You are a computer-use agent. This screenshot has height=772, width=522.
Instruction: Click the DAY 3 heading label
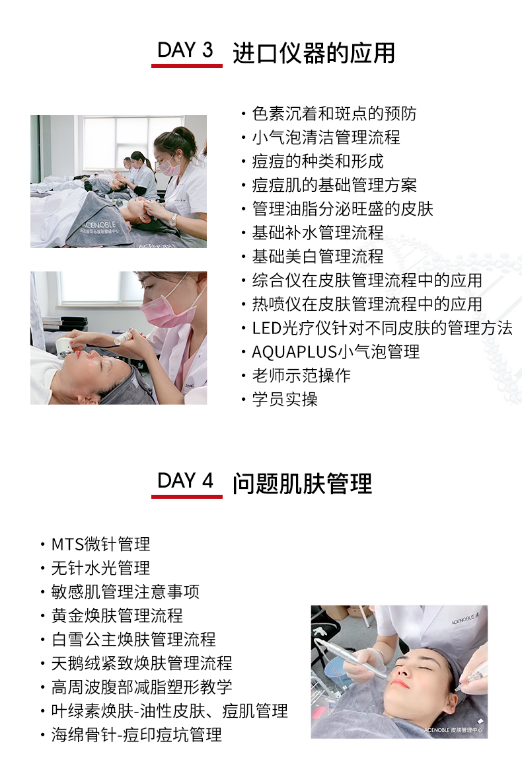tap(185, 50)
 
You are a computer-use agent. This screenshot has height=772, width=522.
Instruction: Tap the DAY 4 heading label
tap(185, 480)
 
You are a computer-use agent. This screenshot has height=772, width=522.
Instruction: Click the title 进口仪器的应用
tap(314, 53)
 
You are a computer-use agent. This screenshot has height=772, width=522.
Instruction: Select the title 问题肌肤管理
tap(302, 484)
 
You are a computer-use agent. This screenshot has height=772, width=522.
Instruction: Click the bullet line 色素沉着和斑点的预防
tap(334, 114)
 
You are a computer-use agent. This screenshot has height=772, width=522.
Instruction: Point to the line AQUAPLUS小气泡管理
tap(336, 351)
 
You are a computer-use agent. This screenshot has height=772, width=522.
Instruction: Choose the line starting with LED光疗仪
tap(383, 328)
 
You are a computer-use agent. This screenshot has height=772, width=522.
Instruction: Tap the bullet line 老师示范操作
tap(301, 375)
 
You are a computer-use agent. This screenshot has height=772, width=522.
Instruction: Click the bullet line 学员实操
tap(285, 399)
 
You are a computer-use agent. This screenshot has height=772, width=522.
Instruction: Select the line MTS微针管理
tap(101, 544)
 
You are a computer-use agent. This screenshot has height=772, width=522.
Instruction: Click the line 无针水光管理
tap(101, 568)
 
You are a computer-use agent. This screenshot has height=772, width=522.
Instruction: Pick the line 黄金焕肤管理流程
tap(117, 615)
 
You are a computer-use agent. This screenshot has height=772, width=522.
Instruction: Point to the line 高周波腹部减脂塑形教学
tap(141, 687)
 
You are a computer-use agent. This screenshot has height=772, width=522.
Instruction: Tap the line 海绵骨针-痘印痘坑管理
tap(137, 734)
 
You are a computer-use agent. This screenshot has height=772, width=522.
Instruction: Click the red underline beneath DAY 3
tap(187, 65)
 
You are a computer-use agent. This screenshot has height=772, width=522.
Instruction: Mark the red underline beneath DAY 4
tap(187, 496)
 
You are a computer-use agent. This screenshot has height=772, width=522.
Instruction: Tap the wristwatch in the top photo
tap(173, 220)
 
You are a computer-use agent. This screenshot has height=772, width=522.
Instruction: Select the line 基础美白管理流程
tap(318, 257)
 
